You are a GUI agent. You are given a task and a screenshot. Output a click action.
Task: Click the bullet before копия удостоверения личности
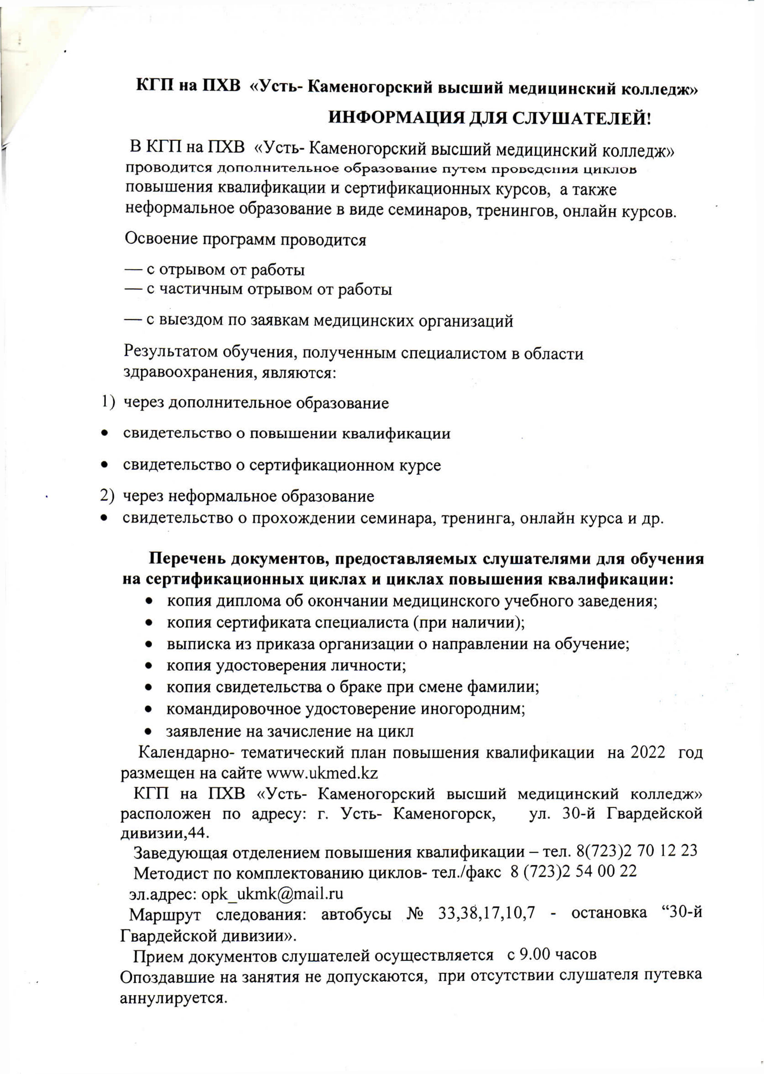(x=149, y=666)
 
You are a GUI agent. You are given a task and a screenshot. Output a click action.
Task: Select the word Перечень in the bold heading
(x=187, y=559)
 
